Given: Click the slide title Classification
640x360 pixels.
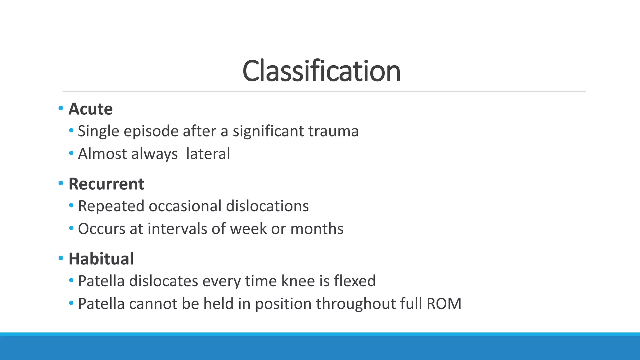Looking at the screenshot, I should [321, 71].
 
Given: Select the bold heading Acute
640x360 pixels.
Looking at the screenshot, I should [90, 109].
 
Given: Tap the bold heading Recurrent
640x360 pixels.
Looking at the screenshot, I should [106, 184].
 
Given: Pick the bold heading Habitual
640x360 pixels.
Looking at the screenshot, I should [101, 259].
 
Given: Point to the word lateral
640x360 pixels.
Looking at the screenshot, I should [208, 154].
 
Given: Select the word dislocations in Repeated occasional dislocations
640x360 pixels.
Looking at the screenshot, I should [267, 206].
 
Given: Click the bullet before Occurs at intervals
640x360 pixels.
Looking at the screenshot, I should [71, 228].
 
